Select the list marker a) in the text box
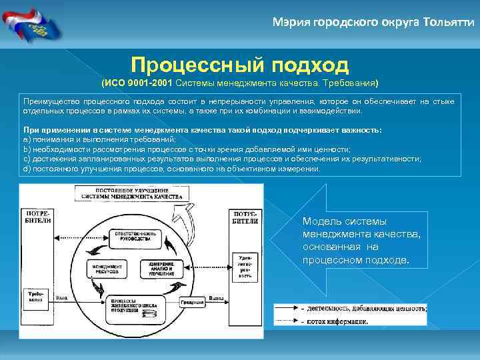(27, 140)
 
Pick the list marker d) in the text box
(27, 169)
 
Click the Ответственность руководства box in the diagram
(135, 237)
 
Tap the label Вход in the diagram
(61, 298)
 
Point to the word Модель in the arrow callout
(320, 221)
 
